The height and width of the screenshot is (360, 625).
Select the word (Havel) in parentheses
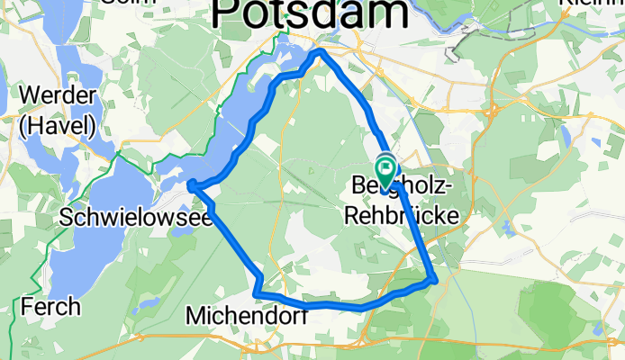[x=56, y=124]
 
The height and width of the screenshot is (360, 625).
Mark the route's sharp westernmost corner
[x=191, y=186]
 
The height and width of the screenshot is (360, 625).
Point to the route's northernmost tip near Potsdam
[x=318, y=54]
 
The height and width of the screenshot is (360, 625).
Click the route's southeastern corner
[x=435, y=281]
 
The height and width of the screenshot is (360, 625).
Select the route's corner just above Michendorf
[x=258, y=294]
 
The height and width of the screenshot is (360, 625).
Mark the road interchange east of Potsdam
[x=494, y=112]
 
